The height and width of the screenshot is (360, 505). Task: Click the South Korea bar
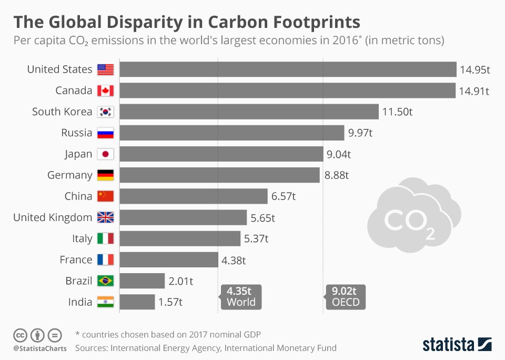point(249,112)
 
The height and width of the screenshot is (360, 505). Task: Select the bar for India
point(137,302)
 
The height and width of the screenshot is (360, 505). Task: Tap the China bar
point(194,196)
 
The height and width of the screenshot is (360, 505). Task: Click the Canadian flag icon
point(106,91)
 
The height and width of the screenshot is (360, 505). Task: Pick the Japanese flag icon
point(106,154)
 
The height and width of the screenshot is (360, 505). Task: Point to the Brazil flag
point(106,281)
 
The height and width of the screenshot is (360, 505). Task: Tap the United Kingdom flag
point(106,217)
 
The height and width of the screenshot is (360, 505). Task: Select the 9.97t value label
point(360,133)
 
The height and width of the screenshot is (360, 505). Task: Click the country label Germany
point(69,175)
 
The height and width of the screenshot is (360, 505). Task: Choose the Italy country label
point(82,238)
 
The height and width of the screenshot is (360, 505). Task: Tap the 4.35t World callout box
point(241,297)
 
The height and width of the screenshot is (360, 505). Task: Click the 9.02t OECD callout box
point(345,297)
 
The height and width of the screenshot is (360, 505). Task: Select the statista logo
point(457,344)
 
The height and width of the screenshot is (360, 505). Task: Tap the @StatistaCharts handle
point(39,348)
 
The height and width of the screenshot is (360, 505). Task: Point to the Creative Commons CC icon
point(20,335)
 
